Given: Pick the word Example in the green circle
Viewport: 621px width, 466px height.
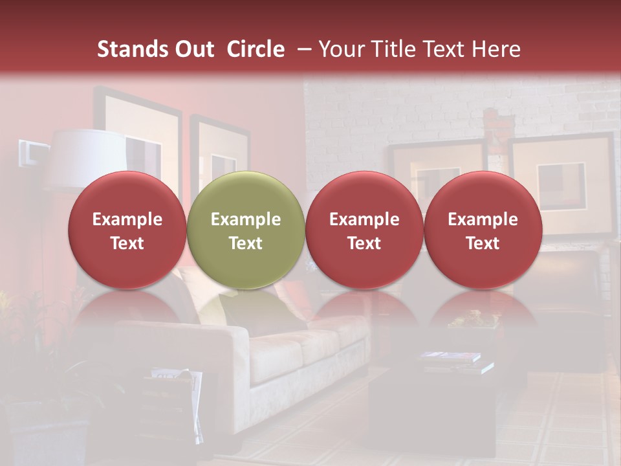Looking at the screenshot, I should click(246, 219).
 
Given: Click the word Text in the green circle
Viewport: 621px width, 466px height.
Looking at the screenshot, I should click(246, 243).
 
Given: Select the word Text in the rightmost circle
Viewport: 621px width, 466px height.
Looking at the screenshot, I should click(483, 243).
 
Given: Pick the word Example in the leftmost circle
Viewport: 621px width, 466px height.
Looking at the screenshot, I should click(127, 219).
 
